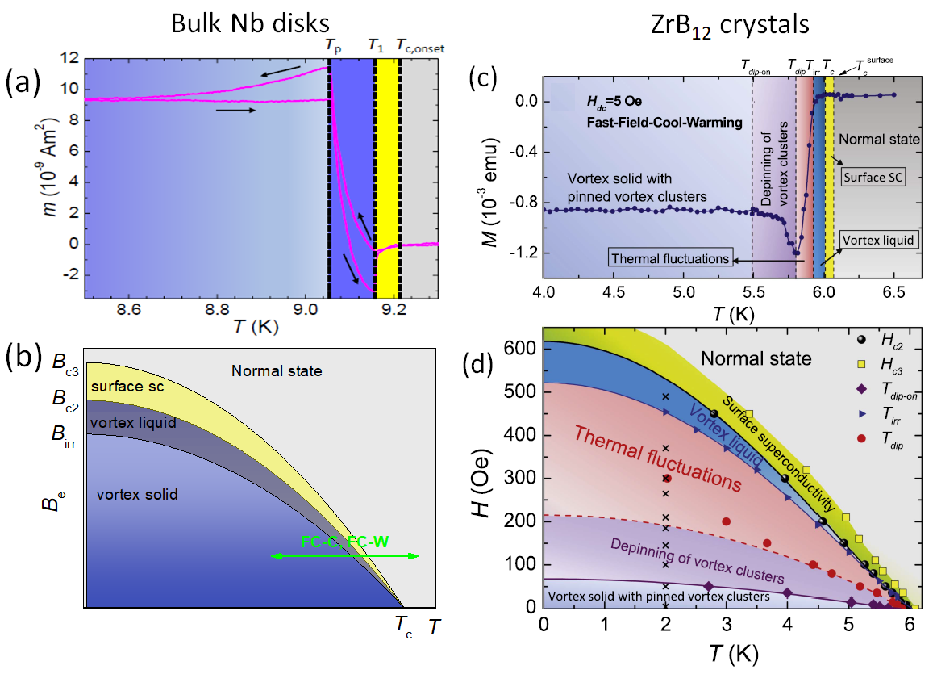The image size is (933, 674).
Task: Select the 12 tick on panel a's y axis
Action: tap(71, 59)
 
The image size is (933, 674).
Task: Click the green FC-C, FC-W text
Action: tap(344, 542)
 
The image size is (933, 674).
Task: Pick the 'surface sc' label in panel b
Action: tap(127, 387)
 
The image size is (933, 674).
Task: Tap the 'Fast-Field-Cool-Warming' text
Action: tap(647, 121)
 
